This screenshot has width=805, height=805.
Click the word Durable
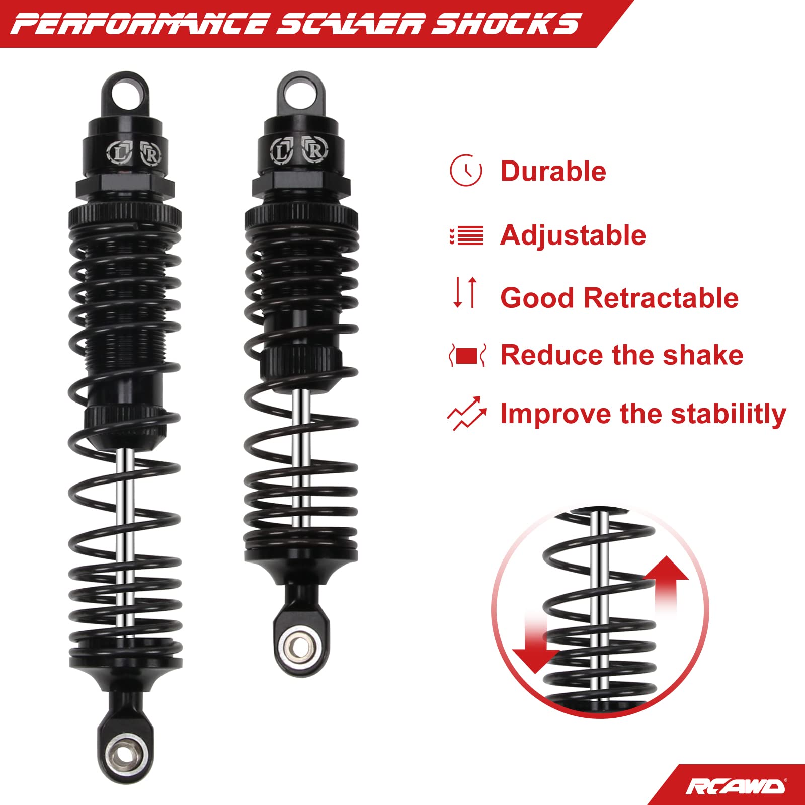553,171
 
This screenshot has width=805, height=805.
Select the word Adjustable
573,235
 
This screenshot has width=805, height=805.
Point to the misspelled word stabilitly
729,415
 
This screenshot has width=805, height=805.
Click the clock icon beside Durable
466,171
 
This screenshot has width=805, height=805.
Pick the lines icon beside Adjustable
466,235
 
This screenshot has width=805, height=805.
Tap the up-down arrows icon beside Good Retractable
465,292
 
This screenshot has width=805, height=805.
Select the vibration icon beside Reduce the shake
467,355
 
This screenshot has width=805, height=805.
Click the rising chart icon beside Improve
466,414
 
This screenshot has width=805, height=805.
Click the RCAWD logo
735,786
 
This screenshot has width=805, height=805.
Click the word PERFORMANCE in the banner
139,24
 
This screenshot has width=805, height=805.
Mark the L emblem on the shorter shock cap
281,150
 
